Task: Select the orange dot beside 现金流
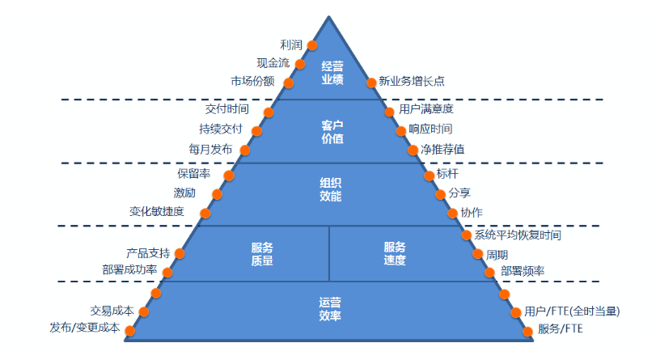[x=300, y=64]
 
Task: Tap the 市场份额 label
[x=252, y=82]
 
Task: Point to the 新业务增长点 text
[x=412, y=82]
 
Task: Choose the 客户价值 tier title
[x=332, y=132]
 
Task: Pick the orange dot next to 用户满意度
[x=391, y=109]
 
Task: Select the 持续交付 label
[x=220, y=129]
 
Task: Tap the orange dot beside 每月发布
[x=245, y=150]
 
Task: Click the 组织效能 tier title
[x=331, y=189]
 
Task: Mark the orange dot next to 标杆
[x=430, y=174]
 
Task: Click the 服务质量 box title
[x=262, y=253]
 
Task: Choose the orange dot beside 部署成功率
[x=168, y=272]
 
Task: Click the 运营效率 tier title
[x=331, y=308]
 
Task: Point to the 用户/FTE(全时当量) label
[x=572, y=311]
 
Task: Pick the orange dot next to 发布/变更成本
[x=130, y=329]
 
